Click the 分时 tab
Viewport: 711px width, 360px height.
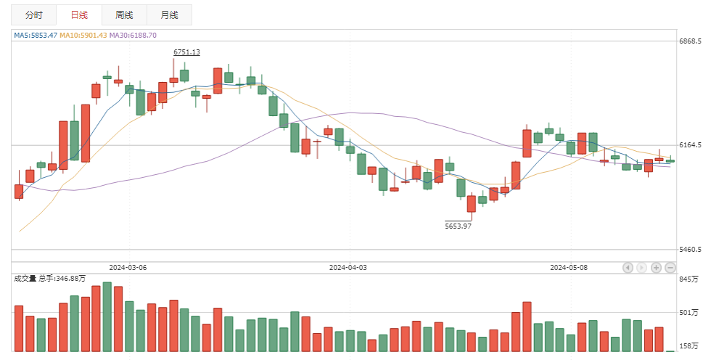[x=33, y=15]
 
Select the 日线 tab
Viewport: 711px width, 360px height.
[x=78, y=15]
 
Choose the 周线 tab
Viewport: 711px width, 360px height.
[x=124, y=15]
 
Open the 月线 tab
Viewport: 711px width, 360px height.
[x=169, y=15]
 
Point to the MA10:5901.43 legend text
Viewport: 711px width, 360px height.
[x=83, y=35]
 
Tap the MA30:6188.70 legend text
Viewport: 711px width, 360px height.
[x=133, y=35]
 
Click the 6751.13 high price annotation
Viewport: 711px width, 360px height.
[x=186, y=52]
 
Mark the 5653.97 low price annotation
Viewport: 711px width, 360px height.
[x=458, y=226]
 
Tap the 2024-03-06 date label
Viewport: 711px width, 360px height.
[x=128, y=267]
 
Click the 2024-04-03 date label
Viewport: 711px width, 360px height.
[x=348, y=267]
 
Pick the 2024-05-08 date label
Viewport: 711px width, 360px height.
[x=569, y=267]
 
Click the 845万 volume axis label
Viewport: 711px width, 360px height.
[x=689, y=279]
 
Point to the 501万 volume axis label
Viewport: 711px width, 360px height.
[x=689, y=313]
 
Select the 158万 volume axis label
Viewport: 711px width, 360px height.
[x=689, y=346]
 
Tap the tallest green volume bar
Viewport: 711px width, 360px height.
[x=107, y=316]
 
